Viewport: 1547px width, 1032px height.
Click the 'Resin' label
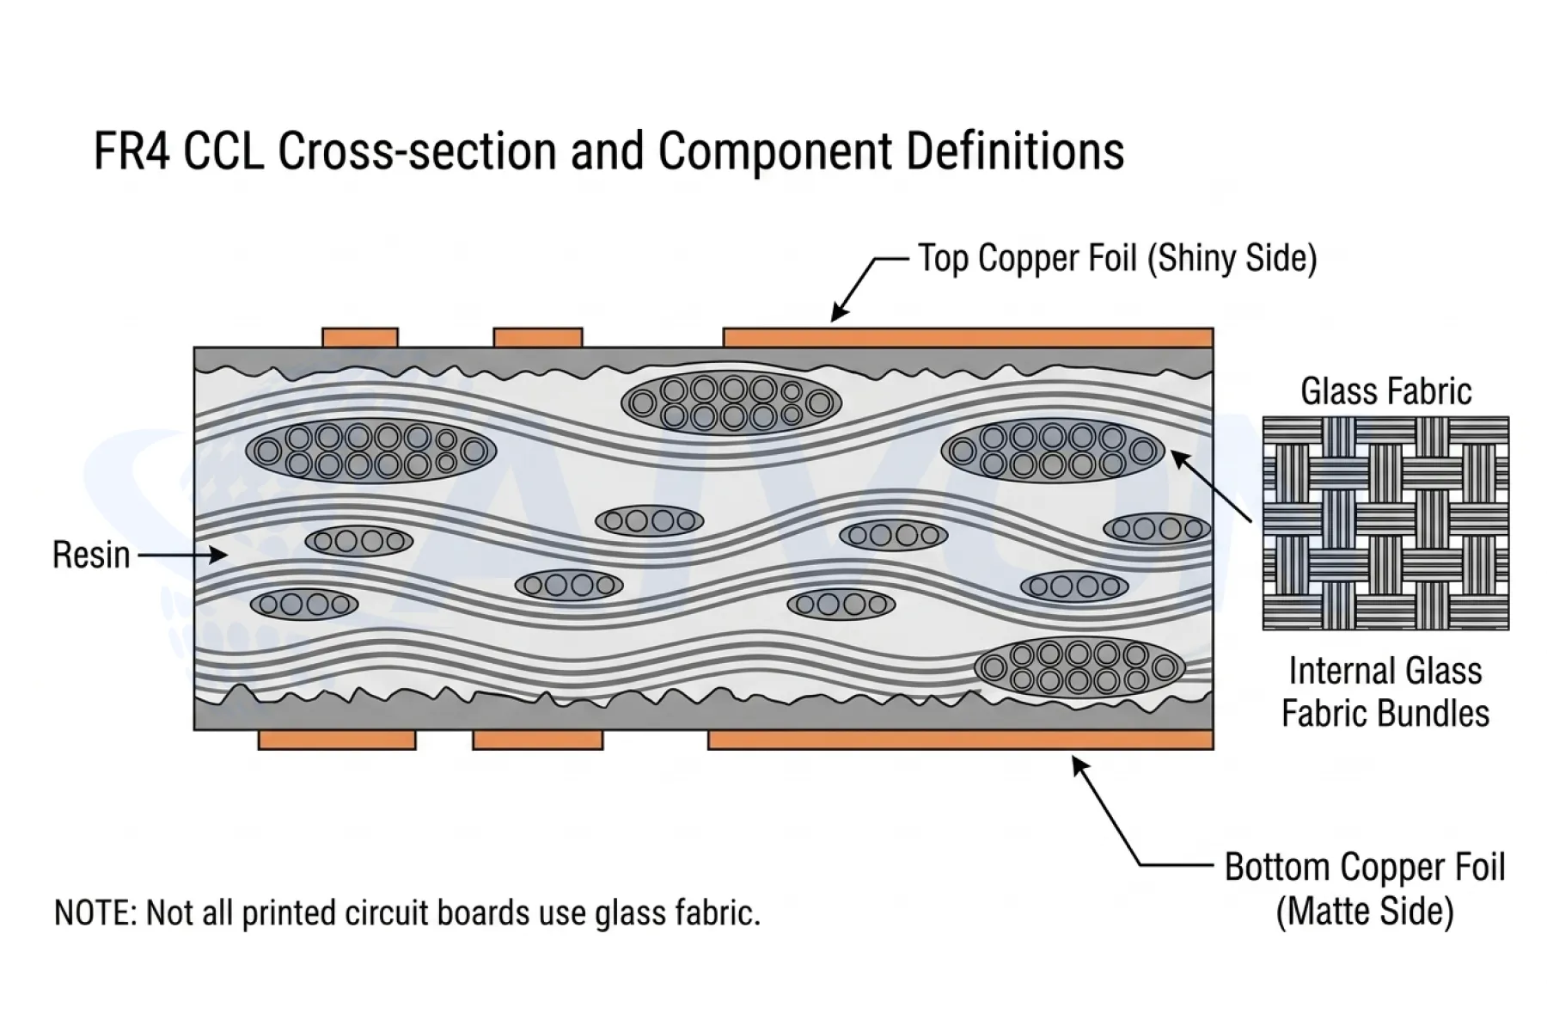click(91, 555)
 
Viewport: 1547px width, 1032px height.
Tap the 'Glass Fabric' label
click(1385, 391)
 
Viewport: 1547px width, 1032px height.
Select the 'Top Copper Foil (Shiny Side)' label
click(1117, 258)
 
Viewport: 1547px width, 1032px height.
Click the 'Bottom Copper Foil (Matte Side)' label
click(1365, 889)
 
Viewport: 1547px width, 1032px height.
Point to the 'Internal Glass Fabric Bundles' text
click(1385, 692)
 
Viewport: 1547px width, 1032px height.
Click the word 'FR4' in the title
click(133, 151)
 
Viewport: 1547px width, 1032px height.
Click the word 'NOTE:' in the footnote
click(95, 912)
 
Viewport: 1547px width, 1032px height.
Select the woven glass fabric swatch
click(1385, 523)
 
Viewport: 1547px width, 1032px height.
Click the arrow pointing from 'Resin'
click(182, 556)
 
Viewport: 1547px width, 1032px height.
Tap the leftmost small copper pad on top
click(360, 337)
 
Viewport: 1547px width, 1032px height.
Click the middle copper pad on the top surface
click(538, 337)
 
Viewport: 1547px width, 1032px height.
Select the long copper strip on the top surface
click(968, 337)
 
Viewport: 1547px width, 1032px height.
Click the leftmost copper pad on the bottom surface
click(337, 740)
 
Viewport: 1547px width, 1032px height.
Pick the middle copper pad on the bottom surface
click(538, 740)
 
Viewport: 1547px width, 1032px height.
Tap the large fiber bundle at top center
click(731, 402)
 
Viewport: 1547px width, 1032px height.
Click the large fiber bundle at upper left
click(371, 451)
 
